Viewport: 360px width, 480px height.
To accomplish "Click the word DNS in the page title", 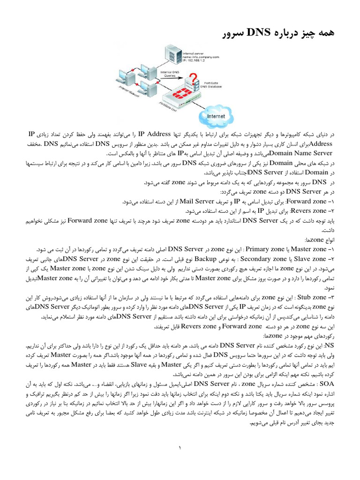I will pyautogui.click(x=253, y=32).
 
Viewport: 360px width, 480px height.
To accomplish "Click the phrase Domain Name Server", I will pyautogui.click(x=307, y=153).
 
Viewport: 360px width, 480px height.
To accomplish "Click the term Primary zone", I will pyautogui.click(x=265, y=249).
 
